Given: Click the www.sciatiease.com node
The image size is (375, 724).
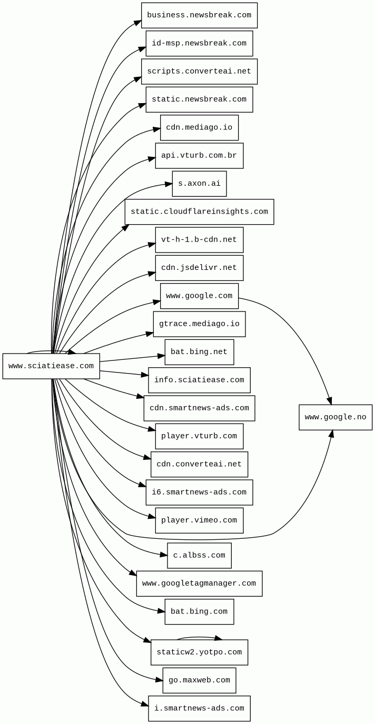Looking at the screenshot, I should click(51, 366).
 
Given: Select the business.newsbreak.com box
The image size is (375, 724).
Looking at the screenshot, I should click(199, 15).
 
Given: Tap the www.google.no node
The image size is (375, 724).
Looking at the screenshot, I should click(335, 417).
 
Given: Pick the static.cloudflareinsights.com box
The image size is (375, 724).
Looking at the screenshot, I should click(199, 212).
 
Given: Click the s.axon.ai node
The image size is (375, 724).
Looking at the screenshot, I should click(199, 184).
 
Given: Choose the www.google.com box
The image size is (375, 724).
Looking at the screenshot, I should click(199, 296).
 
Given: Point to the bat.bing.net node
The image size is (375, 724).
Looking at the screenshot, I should click(199, 352).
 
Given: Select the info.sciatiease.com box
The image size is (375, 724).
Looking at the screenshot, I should click(199, 380).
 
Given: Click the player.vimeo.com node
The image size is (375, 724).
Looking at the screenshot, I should click(199, 520).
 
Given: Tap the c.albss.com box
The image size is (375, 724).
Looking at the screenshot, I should click(199, 556).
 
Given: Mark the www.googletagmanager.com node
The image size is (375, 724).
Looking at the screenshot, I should click(199, 584).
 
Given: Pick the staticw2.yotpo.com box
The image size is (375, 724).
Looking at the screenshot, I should click(199, 652).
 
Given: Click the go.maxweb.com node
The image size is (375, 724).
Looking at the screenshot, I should click(199, 680).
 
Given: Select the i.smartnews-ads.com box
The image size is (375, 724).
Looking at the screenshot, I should click(199, 709).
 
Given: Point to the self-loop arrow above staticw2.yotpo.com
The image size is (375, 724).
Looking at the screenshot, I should click(199, 637).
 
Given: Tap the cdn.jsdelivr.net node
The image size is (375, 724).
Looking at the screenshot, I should click(199, 268).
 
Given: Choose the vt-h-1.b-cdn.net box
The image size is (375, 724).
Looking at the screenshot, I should click(199, 240).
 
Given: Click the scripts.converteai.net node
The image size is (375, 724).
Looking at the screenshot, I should click(199, 72).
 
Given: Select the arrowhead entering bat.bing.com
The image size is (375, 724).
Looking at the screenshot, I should click(161, 611).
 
